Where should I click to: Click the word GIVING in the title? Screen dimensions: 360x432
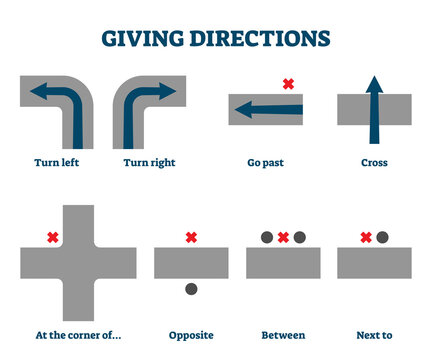click(x=148, y=40)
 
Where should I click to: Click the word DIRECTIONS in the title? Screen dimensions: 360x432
click(x=263, y=40)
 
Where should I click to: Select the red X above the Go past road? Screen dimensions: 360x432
click(x=288, y=83)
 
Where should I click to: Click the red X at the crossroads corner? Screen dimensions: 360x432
click(x=52, y=237)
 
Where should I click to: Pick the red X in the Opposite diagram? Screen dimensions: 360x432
click(x=191, y=237)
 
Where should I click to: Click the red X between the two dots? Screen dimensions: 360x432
click(x=283, y=237)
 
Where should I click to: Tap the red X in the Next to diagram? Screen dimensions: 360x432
click(x=365, y=237)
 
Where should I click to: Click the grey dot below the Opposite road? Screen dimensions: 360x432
click(x=191, y=289)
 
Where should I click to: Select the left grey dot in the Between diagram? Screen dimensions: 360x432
click(x=267, y=237)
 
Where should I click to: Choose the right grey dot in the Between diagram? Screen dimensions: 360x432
click(x=299, y=237)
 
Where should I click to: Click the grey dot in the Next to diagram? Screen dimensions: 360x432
click(x=382, y=237)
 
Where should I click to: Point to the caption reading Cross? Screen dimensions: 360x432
click(x=374, y=162)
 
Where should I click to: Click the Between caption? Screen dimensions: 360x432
click(x=283, y=335)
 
